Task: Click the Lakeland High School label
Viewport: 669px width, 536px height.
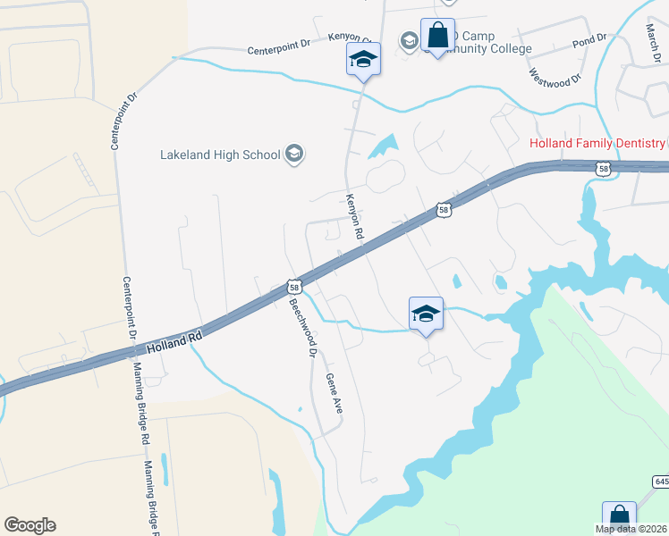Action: pos(220,155)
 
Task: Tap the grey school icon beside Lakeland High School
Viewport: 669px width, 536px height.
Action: pos(293,155)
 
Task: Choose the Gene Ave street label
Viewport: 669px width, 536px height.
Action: pos(334,393)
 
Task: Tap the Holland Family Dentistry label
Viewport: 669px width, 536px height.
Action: pos(597,143)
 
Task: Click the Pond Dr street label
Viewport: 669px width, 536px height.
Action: pos(589,41)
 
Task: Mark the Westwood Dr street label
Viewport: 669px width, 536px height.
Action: pos(555,78)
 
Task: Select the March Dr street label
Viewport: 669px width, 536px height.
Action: pos(652,37)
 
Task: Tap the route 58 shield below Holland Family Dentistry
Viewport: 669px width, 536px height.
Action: pos(604,167)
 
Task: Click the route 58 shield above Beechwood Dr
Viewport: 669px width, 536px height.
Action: pos(293,287)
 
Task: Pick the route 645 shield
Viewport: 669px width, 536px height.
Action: pos(661,482)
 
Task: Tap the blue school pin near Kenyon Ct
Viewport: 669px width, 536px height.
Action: pos(363,60)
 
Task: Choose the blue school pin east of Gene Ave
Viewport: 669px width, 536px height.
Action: pos(426,314)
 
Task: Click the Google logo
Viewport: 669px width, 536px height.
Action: pos(30,525)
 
